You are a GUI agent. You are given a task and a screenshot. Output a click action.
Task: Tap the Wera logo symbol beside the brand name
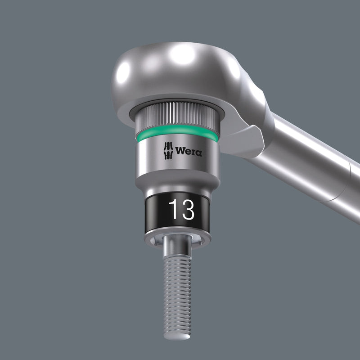[167, 150]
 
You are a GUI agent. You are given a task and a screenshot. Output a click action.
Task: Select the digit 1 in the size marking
[173, 210]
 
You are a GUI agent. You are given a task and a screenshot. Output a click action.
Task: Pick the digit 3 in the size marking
[187, 210]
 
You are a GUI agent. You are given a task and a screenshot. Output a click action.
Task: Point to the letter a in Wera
[198, 153]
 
